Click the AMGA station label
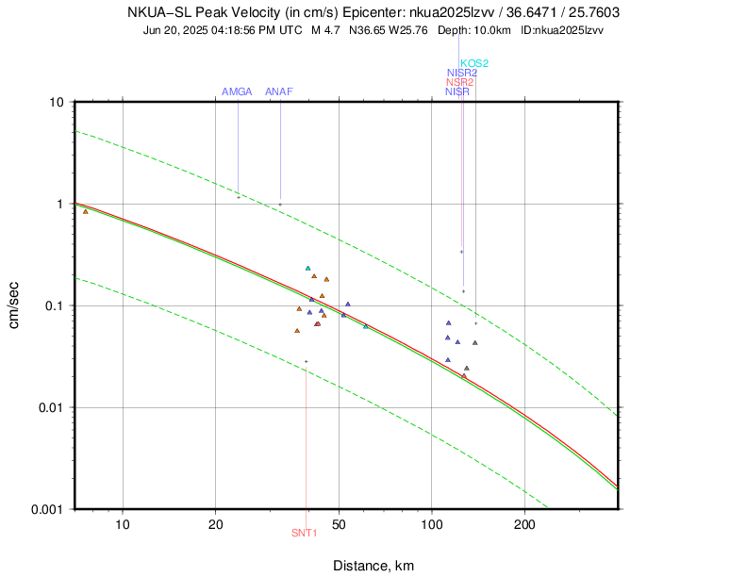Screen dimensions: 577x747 [237, 91]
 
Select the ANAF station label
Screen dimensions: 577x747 [280, 91]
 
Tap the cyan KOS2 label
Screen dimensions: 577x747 [474, 63]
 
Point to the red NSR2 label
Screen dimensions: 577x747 [459, 82]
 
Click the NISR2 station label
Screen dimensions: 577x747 [461, 73]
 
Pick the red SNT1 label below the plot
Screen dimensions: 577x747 [305, 534]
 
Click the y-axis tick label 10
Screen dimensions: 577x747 [56, 102]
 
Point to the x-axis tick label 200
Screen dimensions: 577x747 [524, 525]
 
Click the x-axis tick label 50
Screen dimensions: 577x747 [339, 525]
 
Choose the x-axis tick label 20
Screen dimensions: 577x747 [216, 525]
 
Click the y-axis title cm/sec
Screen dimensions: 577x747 [16, 305]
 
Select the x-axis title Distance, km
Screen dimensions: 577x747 [373, 565]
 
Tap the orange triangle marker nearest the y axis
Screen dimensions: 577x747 [86, 211]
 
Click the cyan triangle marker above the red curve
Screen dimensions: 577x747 [307, 269]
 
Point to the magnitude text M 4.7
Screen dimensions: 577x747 [325, 30]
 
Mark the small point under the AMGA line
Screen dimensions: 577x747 [238, 197]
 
